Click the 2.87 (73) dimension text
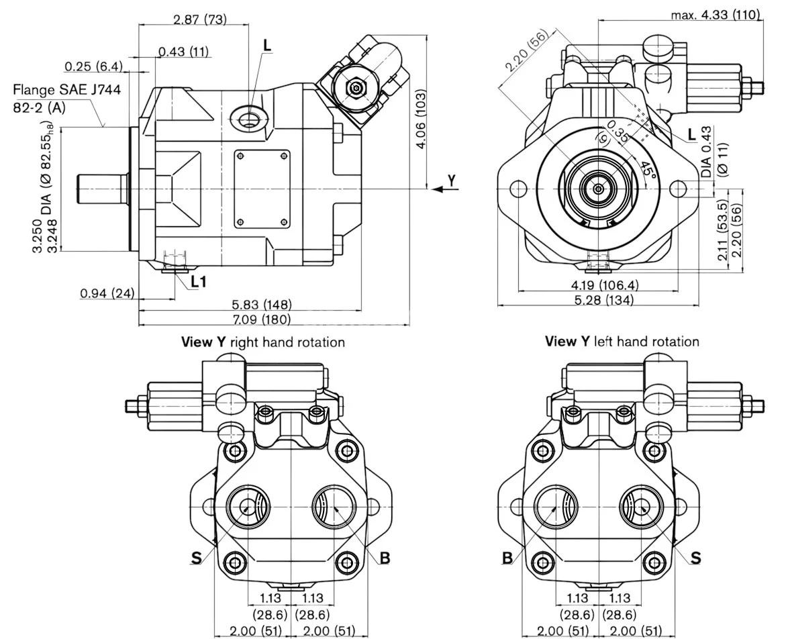click(x=199, y=19)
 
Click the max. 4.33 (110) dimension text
click(x=716, y=14)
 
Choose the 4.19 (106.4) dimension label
click(x=603, y=285)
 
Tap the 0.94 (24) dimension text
click(x=107, y=293)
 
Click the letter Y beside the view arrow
click(x=452, y=179)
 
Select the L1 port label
click(x=198, y=281)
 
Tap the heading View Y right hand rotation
click(x=263, y=342)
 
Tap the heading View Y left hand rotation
click(x=622, y=342)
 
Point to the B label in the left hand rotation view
click(x=507, y=557)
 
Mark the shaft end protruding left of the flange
click(x=101, y=189)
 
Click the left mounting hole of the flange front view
click(x=518, y=189)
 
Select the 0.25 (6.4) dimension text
click(x=93, y=66)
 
